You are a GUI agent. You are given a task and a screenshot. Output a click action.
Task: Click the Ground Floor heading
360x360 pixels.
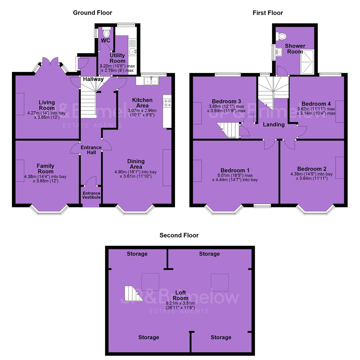click(93, 13)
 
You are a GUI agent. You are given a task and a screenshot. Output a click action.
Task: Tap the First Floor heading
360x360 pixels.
click(268, 13)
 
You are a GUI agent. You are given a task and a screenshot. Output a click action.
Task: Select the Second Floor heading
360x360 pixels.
click(179, 235)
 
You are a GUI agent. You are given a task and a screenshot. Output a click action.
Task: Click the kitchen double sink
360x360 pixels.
click(151, 81)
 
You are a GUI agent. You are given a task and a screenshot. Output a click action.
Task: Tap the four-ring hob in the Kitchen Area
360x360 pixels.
click(167, 103)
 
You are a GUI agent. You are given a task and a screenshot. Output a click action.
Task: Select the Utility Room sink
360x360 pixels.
click(133, 51)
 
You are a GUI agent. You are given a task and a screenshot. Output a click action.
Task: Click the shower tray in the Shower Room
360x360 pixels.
click(307, 62)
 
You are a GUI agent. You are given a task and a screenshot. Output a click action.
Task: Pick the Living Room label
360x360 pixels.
click(47, 105)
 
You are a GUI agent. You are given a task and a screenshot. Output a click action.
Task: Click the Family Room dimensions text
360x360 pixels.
click(45, 179)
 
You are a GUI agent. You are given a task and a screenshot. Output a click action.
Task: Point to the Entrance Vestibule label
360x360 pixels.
click(91, 195)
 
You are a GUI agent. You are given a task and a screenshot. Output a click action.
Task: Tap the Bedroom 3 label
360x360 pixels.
click(226, 101)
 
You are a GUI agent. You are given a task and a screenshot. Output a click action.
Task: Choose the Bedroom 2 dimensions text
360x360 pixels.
click(312, 176)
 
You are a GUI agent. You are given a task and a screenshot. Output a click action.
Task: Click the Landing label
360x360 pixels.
click(274, 124)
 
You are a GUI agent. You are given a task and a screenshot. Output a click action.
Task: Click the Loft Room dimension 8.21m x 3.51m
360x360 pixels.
click(180, 303)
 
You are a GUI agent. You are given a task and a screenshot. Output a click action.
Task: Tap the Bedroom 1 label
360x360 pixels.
click(235, 170)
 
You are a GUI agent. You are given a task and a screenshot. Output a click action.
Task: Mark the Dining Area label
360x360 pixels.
click(136, 164)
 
